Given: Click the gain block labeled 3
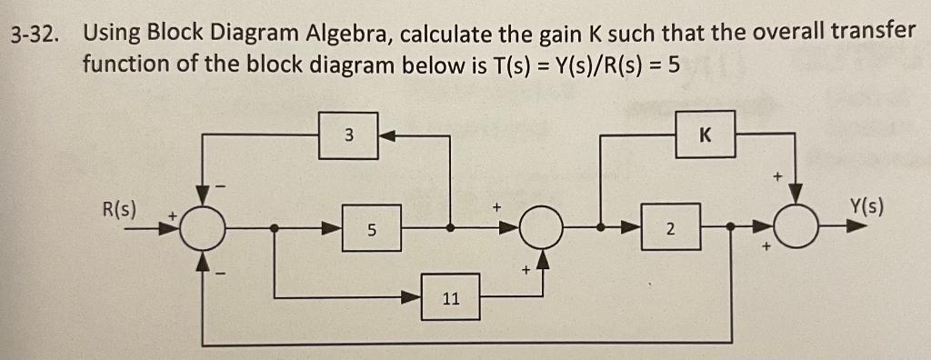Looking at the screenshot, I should pyautogui.click(x=348, y=135).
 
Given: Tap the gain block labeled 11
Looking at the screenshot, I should pyautogui.click(x=451, y=296).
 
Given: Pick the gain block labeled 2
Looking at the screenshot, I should pyautogui.click(x=669, y=230).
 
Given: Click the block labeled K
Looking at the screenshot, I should pyautogui.click(x=705, y=135).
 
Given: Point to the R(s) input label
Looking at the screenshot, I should pyautogui.click(x=119, y=208).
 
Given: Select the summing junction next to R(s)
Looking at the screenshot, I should pyautogui.click(x=201, y=230).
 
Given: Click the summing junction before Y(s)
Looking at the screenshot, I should pyautogui.click(x=796, y=230).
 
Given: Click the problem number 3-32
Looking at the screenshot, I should pyautogui.click(x=35, y=35).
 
